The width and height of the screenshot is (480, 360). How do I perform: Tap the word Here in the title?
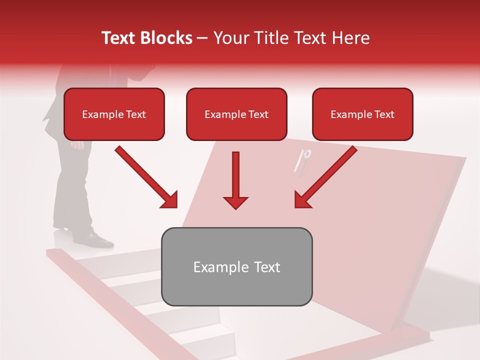[x=350, y=38]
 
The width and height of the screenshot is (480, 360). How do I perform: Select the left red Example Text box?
[x=114, y=114]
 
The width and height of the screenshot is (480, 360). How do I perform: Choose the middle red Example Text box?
[x=236, y=114]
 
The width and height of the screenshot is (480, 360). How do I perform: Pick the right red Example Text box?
[x=362, y=114]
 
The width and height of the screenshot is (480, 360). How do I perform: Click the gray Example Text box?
[x=236, y=266]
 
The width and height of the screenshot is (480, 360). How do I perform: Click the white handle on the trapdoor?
[x=303, y=160]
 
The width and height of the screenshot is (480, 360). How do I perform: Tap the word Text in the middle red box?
[x=258, y=114]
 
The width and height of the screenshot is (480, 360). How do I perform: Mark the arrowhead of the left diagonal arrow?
[x=169, y=200]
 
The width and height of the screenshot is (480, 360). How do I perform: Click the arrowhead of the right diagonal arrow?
[x=302, y=200]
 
